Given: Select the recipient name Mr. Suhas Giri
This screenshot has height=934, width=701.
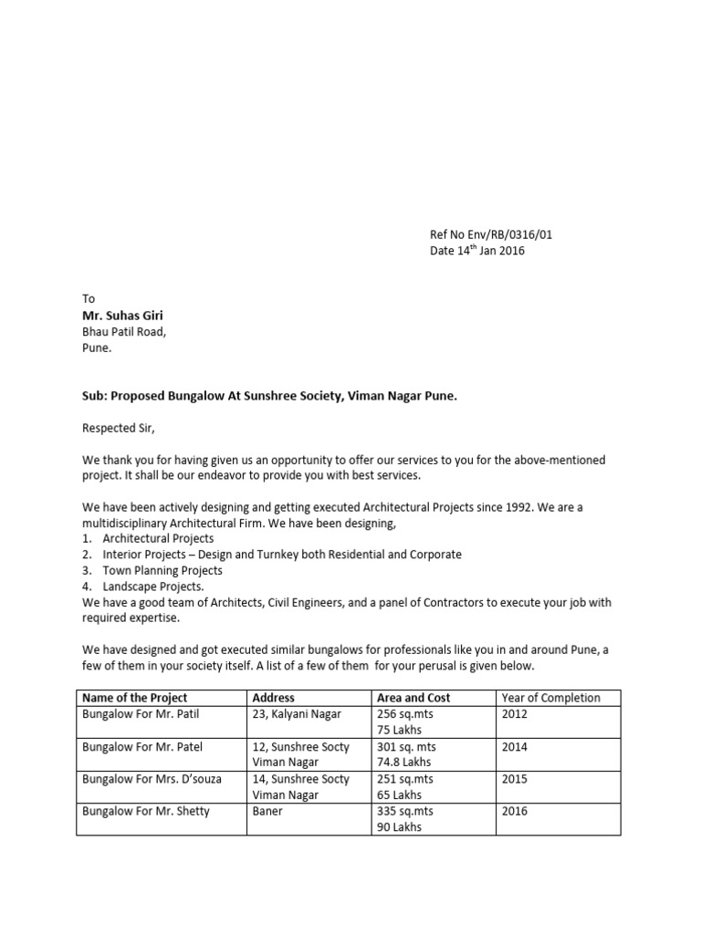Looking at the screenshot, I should (123, 316).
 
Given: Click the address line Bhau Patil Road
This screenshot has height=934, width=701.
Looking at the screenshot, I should (124, 332).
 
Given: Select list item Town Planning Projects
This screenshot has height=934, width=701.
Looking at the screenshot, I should (162, 570).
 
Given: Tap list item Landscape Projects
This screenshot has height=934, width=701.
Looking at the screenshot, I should (153, 586).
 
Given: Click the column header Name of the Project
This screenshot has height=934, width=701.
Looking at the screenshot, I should (136, 698).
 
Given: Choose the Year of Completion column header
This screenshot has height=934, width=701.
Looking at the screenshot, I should (551, 698).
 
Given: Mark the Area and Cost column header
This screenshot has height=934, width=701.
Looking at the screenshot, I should (413, 698).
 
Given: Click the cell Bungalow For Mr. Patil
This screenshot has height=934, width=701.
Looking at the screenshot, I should (141, 714).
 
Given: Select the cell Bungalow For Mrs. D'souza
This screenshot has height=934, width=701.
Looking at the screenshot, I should (152, 779).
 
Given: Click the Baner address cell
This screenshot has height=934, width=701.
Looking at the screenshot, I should (267, 811).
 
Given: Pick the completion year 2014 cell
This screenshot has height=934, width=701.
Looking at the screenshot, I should (515, 746).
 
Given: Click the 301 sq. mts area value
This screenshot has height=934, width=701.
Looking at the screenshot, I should (406, 746).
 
